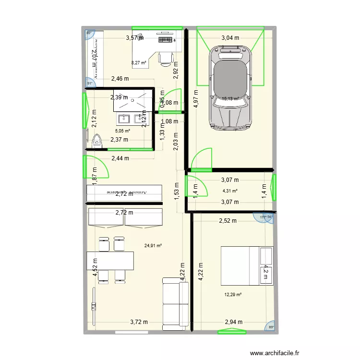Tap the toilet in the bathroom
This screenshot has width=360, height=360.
97,141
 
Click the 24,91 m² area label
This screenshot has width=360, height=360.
153,245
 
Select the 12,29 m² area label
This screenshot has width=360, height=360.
233,295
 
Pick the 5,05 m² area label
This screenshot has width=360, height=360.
123,130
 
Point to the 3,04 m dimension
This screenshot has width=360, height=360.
230,37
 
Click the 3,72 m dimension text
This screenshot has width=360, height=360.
138,322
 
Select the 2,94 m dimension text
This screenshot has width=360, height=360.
234,322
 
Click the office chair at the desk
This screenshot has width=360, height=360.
165,58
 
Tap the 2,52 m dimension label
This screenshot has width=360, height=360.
228,221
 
